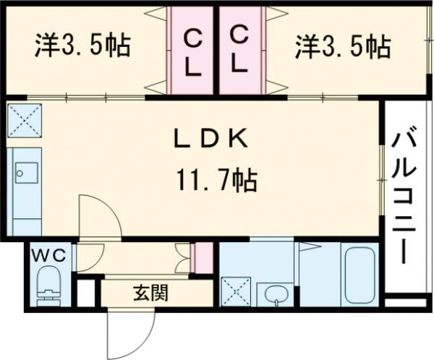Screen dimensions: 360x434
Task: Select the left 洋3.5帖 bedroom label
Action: (x=82, y=48)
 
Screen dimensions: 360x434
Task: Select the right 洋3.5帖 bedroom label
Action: (x=341, y=48)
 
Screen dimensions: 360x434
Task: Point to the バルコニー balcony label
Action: (x=404, y=194)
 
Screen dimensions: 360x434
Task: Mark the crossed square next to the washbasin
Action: (x=234, y=292)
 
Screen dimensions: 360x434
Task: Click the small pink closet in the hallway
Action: (x=204, y=255)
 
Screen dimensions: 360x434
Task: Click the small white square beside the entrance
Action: (x=86, y=293)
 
